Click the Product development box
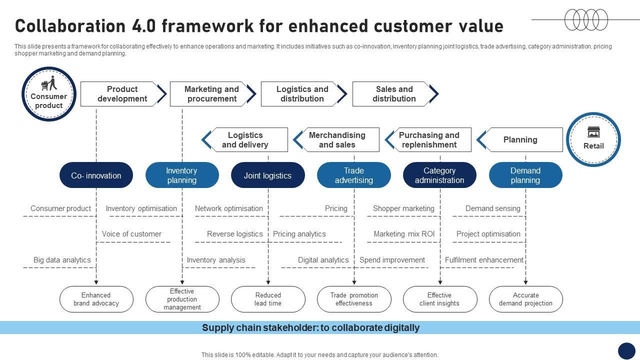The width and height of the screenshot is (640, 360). (122, 94)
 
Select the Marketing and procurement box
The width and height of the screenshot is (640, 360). (211, 94)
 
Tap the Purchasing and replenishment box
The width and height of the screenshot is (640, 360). (429, 140)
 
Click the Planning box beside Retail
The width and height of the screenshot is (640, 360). (520, 140)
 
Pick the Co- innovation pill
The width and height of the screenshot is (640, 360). (96, 175)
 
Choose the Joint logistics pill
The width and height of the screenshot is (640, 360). (267, 175)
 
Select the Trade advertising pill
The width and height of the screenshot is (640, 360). (353, 175)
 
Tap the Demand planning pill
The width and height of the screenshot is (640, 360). (525, 175)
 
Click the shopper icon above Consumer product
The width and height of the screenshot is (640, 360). (49, 83)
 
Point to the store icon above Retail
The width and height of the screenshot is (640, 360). (593, 132)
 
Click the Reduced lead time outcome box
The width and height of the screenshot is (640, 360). (268, 299)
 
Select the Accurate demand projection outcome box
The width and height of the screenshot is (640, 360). (525, 299)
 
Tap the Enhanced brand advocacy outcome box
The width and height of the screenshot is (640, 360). (96, 299)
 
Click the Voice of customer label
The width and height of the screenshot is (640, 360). (131, 234)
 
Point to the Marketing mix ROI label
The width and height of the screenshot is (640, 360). (404, 234)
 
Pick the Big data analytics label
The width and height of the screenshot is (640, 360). (62, 260)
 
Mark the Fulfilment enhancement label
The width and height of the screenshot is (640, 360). (484, 260)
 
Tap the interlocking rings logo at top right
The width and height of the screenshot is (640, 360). (586, 20)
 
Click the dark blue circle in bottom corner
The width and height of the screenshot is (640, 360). (626, 351)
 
